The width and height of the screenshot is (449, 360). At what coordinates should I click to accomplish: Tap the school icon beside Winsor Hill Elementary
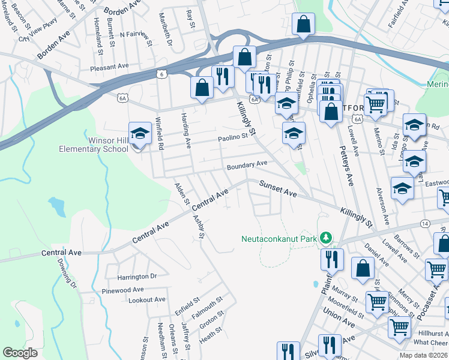[x=140, y=133]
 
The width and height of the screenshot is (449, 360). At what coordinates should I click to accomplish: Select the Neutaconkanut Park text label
[x=279, y=238]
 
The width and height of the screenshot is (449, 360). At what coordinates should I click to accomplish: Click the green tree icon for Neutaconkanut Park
[x=325, y=238]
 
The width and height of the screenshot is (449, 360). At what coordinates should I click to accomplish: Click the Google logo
[x=20, y=353]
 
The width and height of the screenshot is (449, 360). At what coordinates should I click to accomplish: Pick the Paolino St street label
[x=232, y=137]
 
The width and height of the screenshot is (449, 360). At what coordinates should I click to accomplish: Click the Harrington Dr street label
[x=136, y=277]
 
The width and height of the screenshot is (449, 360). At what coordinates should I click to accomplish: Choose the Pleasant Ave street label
[x=109, y=67]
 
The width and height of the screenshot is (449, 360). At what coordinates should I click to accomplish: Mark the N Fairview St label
[x=134, y=35]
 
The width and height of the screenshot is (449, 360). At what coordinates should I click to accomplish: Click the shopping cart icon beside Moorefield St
[x=377, y=302]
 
